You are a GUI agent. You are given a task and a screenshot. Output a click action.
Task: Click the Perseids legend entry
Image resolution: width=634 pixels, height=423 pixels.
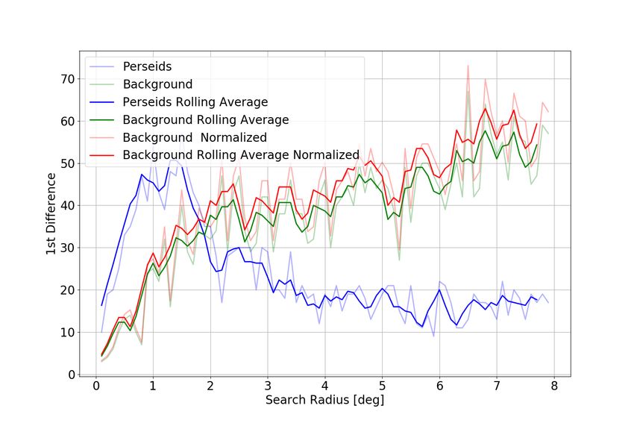[x=147, y=67]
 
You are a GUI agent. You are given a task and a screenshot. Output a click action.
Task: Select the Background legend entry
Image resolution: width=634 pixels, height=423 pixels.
[x=157, y=84]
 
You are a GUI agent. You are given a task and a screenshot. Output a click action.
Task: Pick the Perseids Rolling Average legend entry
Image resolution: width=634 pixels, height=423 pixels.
[x=195, y=102]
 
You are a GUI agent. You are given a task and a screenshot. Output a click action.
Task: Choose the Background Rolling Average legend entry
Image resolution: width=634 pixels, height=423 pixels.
[x=205, y=119]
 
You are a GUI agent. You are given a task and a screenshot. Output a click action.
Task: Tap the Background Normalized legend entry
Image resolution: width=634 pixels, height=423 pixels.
[x=195, y=137]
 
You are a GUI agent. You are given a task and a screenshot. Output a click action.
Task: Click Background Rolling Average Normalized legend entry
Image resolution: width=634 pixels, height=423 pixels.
[x=241, y=154]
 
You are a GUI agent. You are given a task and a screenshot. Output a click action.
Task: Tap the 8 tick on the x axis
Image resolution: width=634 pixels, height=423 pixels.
[x=554, y=386]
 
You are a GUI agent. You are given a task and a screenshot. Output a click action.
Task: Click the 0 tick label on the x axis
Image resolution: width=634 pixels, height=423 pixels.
[x=95, y=386]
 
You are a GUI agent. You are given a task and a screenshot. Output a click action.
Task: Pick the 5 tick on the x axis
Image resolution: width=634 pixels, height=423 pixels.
[x=382, y=386]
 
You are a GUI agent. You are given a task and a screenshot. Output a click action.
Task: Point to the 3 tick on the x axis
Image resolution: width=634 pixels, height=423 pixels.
[x=267, y=386]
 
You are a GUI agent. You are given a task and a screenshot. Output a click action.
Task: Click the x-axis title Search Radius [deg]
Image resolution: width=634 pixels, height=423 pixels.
[x=324, y=401]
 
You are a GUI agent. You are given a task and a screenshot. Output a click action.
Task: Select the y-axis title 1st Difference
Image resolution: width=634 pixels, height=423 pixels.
[x=51, y=214]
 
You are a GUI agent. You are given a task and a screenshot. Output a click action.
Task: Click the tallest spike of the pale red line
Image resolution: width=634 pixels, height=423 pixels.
[x=468, y=66]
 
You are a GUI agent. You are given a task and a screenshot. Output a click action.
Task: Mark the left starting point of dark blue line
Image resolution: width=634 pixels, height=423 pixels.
[x=101, y=305]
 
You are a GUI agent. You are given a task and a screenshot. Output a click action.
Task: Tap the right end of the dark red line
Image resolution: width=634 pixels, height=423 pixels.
[x=537, y=124]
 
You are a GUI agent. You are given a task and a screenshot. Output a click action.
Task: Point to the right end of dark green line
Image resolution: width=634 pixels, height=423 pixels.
[x=537, y=145]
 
